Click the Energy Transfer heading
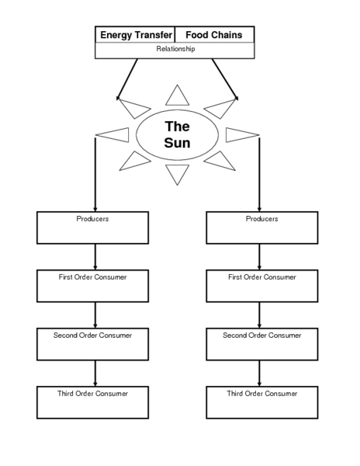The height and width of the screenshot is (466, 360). coord(137,35)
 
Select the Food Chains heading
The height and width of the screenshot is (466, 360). coord(213,35)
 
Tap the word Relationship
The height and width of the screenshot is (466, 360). coord(175,49)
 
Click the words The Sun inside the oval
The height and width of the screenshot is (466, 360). coord(177,134)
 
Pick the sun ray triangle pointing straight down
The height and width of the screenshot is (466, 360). coord(177,172)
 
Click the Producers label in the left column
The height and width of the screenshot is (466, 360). coord(92,219)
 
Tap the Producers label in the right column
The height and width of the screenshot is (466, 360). coord(262,219)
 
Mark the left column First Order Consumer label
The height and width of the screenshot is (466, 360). coord(92,277)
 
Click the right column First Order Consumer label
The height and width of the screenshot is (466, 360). coord(262,277)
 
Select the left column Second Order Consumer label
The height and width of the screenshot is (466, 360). coord(92,336)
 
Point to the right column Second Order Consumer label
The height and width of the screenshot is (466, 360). coord(262,336)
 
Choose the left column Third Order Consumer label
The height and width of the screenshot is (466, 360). coord(92,394)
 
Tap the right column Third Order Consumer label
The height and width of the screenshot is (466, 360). coord(262,394)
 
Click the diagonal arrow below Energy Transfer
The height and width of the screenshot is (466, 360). coord(127,79)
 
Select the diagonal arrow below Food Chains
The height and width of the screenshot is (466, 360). coord(225,79)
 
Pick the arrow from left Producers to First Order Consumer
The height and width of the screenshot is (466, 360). coord(95,257)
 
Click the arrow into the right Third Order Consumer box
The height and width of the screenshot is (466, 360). coord(259,374)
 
